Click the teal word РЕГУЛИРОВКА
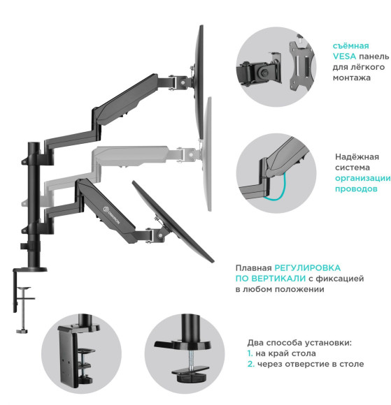308,267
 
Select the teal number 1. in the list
251,353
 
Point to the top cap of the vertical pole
33,144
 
